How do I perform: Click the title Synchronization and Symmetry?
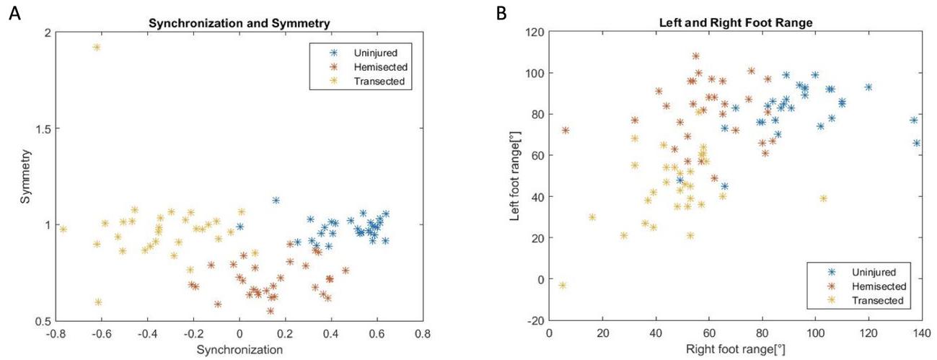point(239,23)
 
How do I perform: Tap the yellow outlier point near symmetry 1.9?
point(97,48)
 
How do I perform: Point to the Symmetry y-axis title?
point(25,177)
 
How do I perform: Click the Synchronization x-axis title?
point(239,350)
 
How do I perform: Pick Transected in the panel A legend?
point(373,81)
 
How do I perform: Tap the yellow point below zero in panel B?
point(563,286)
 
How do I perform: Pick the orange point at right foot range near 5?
point(566,131)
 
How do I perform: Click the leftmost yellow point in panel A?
point(63,229)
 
